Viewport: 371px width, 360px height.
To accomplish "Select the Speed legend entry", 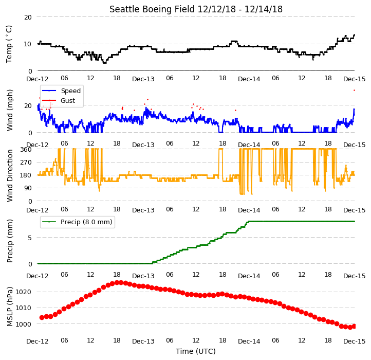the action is pos(61,91).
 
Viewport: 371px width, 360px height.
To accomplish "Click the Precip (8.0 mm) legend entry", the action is pos(77,222).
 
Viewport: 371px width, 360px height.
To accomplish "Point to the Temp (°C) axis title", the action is pos(9,44).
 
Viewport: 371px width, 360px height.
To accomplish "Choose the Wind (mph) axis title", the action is pos(9,110).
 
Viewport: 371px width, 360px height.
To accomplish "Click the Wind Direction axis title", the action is pos(9,175).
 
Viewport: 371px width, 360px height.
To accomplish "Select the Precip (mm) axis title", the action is pos(9,241).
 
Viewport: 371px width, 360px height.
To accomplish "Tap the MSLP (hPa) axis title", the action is pos(9,307).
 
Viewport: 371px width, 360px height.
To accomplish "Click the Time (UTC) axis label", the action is pos(196,351).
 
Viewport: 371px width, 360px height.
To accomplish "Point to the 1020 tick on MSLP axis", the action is pos(24,292).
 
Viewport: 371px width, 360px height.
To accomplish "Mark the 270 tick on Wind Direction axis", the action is pos(26,163).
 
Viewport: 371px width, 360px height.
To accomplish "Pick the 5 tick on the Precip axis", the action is pos(30,238).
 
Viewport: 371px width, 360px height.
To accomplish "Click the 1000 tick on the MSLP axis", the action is pos(24,324).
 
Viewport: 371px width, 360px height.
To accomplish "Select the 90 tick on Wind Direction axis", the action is pos(28,188).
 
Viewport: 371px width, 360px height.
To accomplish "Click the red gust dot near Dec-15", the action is pos(354,90).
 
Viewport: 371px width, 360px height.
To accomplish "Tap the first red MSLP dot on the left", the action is pos(42,317).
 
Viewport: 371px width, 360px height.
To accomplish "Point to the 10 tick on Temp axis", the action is pos(28,44).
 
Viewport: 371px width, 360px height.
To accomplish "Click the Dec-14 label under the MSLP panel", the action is pos(249,341).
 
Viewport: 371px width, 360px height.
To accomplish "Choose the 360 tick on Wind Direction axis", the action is pos(26,150).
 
